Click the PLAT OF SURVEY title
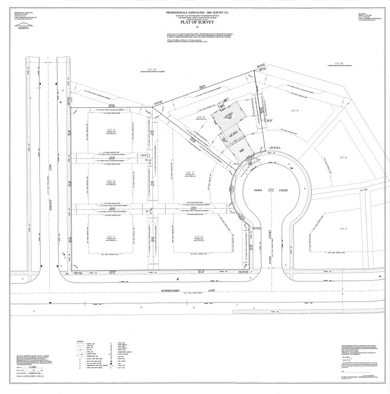(195, 22)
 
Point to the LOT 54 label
(111, 181)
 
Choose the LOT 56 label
(199, 237)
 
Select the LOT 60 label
(343, 157)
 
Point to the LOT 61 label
(343, 229)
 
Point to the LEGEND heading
(81, 341)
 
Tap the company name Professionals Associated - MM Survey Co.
(195, 12)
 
